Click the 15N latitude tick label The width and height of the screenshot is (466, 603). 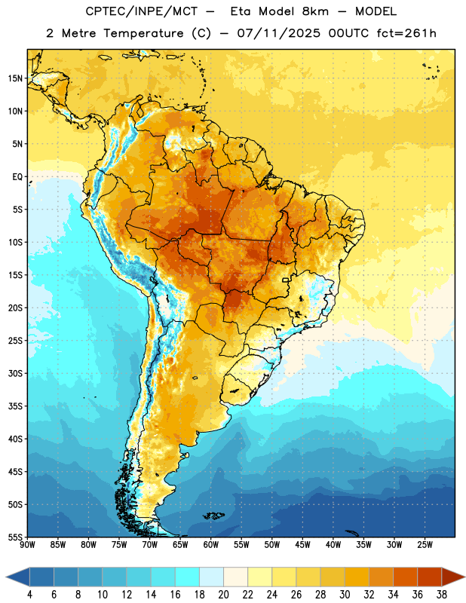point(15,78)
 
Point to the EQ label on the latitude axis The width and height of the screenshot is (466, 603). point(17,177)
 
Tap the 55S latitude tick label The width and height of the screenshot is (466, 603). point(15,537)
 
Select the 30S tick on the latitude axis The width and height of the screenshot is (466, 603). point(15,373)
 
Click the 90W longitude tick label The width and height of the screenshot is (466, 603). point(28,545)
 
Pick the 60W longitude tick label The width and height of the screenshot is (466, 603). point(211,545)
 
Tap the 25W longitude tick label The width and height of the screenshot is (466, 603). point(425,545)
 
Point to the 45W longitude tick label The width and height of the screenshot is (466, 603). point(302,545)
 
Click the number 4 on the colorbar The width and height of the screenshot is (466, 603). point(29,595)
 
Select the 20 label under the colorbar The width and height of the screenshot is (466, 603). point(223,595)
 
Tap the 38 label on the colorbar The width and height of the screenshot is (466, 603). point(442,595)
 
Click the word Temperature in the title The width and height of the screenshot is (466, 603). point(143,34)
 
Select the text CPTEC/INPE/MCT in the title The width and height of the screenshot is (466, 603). point(142,11)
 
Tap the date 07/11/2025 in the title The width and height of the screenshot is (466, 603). point(278,33)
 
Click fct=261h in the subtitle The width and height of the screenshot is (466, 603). point(406,33)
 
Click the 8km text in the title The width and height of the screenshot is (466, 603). point(315,11)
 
